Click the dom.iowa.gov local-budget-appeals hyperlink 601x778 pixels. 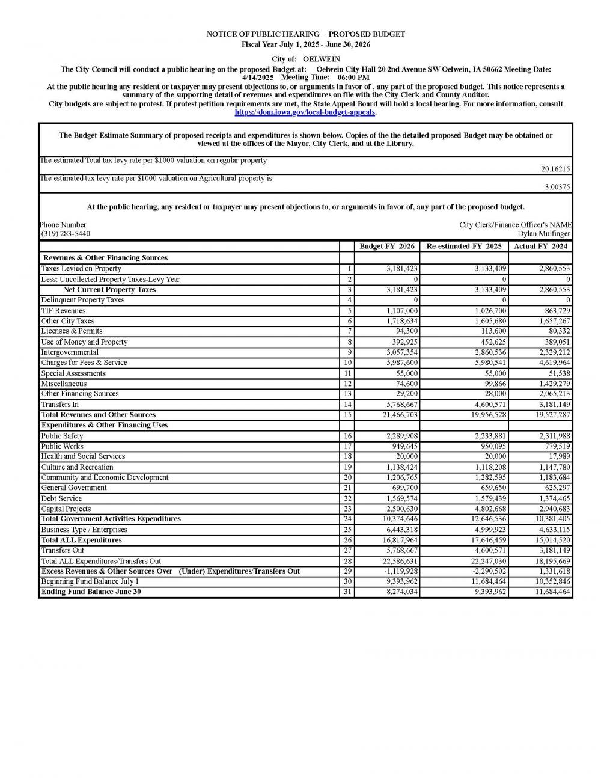pyautogui.click(x=305, y=112)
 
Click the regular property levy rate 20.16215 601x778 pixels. pyautogui.click(x=555, y=170)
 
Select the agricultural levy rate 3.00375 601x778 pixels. pyautogui.click(x=557, y=187)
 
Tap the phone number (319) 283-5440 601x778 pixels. pyautogui.click(x=66, y=234)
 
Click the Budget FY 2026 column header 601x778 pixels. pyautogui.click(x=386, y=247)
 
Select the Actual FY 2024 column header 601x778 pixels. pyautogui.click(x=540, y=247)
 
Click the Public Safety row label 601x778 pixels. pyautogui.click(x=62, y=436)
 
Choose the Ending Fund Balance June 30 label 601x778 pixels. pyautogui.click(x=91, y=592)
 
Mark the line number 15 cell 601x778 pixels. pyautogui.click(x=347, y=415)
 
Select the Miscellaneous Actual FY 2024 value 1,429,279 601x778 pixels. pyautogui.click(x=554, y=384)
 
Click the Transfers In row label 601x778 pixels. pyautogui.click(x=59, y=405)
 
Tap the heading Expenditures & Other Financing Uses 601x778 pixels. pyautogui.click(x=105, y=425)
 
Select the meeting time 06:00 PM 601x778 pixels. pyautogui.click(x=353, y=78)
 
